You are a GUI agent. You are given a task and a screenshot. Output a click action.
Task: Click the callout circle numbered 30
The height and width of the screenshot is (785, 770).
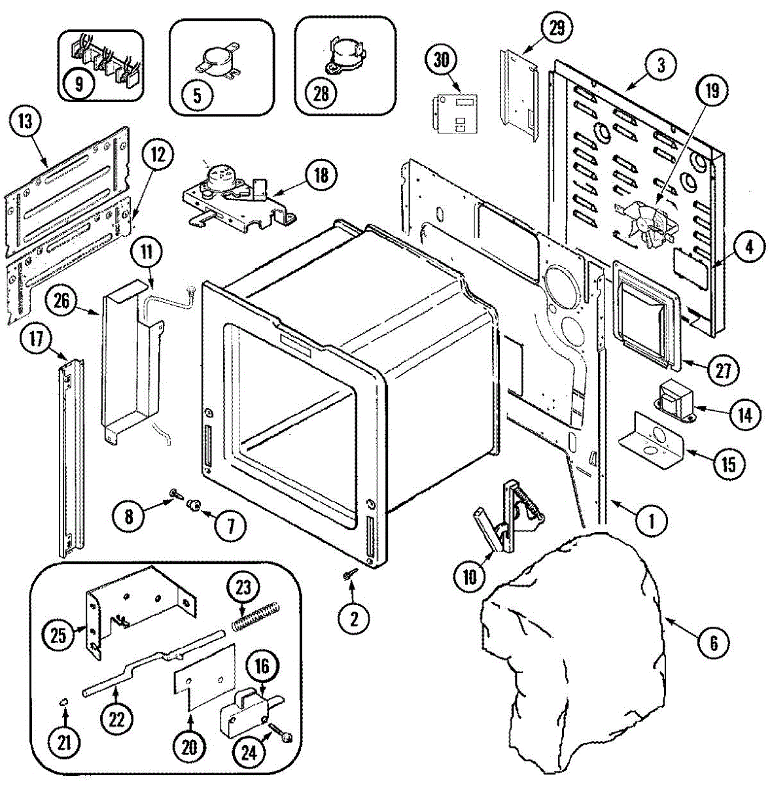pos(443,60)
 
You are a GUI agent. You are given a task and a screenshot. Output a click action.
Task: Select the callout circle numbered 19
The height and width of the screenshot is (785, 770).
pos(712,90)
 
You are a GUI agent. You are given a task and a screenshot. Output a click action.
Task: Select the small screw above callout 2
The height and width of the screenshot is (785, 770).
pos(350,574)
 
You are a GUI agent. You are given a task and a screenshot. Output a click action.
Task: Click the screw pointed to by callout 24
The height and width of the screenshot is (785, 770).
pos(279,733)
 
